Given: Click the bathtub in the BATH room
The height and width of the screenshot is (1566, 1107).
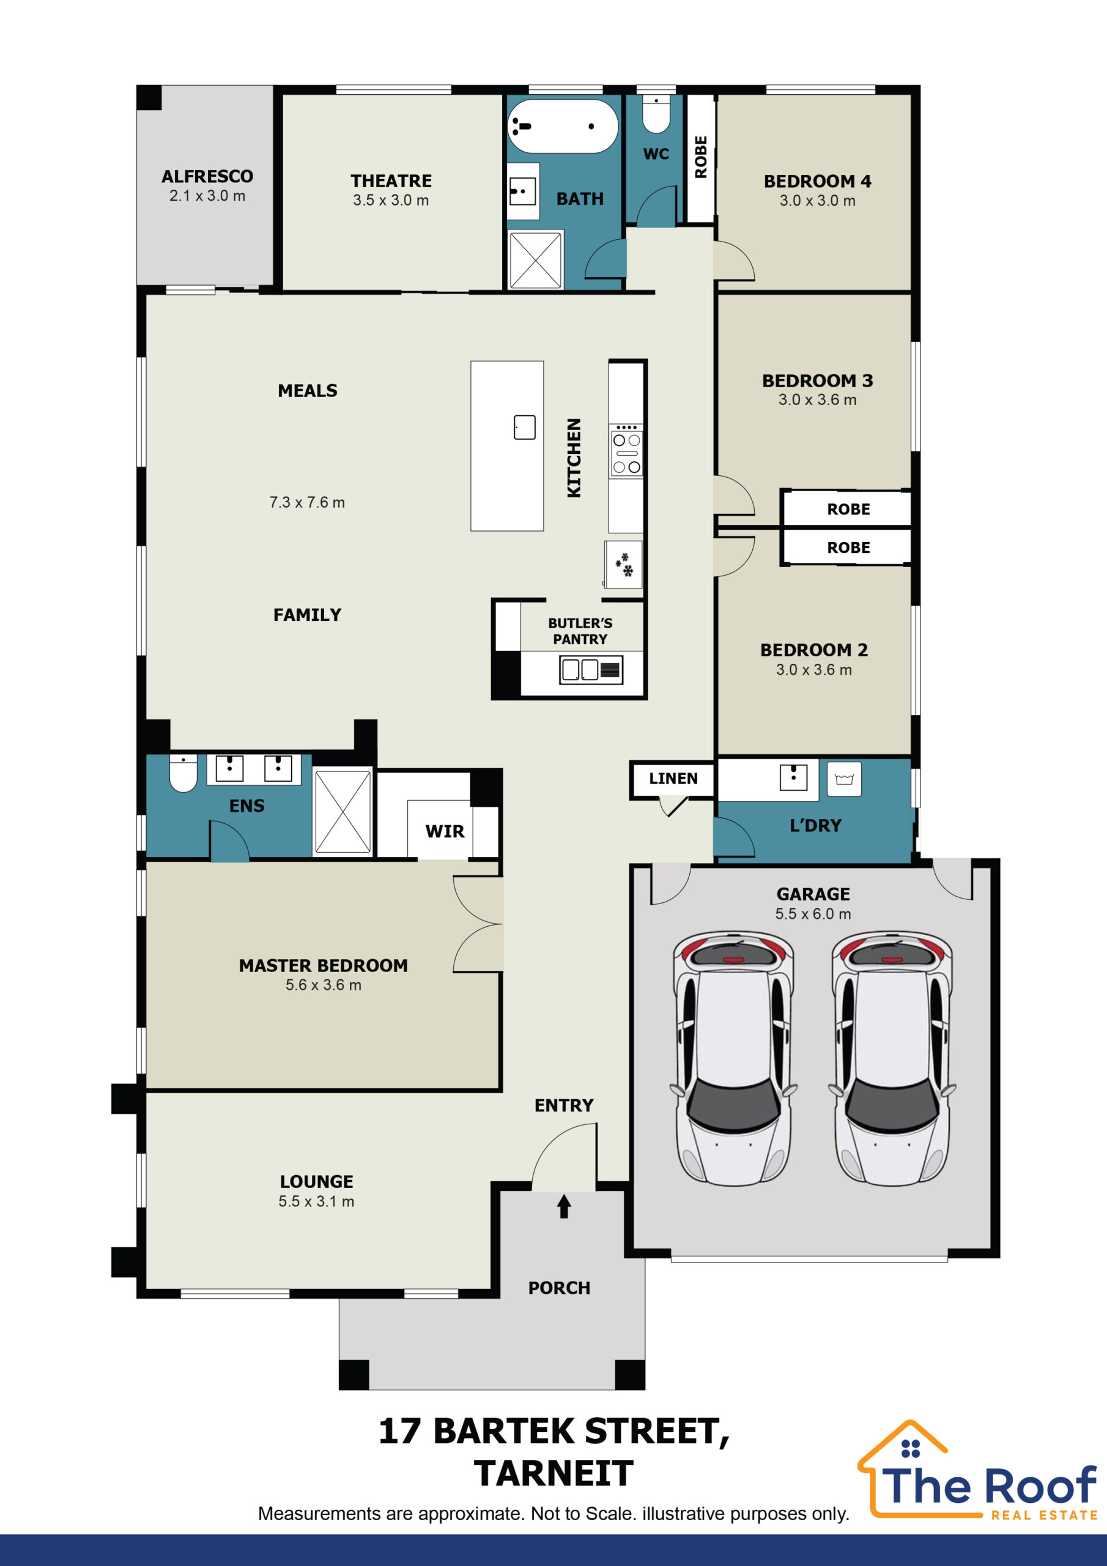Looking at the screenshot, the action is [x=563, y=126].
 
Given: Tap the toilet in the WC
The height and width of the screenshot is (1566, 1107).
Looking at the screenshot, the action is [x=656, y=113].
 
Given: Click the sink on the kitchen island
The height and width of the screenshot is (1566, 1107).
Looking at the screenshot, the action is [x=525, y=427].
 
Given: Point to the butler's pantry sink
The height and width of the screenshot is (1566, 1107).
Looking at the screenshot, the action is [x=591, y=669].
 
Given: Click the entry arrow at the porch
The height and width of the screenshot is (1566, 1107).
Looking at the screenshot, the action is [x=563, y=1206].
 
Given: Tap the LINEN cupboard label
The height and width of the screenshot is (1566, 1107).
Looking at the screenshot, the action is [x=673, y=778].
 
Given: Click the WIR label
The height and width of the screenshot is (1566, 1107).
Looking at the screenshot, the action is [x=445, y=831].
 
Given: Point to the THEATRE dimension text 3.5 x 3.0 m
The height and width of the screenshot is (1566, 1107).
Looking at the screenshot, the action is [x=391, y=200].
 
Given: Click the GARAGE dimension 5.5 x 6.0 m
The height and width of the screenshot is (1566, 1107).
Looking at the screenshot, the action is [x=813, y=913].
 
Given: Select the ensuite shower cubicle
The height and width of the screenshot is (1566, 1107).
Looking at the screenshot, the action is [x=342, y=812].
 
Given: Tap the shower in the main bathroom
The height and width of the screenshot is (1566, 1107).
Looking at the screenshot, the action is [x=535, y=259].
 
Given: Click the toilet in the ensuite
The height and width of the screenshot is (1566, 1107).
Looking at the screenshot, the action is [x=183, y=773].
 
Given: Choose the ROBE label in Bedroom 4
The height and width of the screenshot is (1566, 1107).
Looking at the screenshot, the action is [x=700, y=157].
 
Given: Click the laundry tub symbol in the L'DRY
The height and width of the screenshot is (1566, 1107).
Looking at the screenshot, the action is [x=844, y=779].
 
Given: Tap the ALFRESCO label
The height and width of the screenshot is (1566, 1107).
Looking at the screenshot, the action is [x=207, y=176].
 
